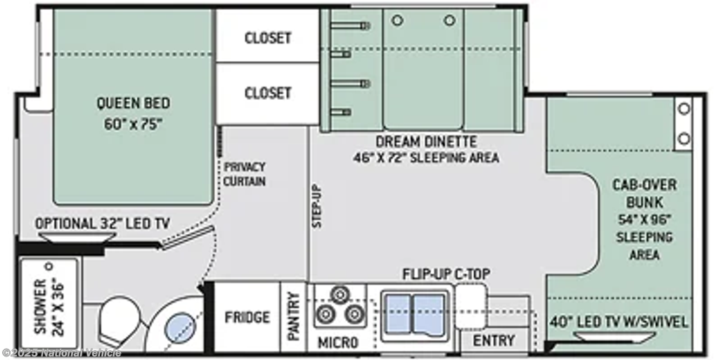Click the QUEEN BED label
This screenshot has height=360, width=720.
pyautogui.click(x=133, y=103)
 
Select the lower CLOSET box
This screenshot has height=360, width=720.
pyautogui.click(x=268, y=94)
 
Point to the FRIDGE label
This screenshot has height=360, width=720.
pyautogui.click(x=247, y=317)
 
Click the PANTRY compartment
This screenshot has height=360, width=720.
pyautogui.click(x=293, y=317)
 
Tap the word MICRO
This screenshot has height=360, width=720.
pyautogui.click(x=338, y=342)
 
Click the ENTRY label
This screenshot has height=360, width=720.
pyautogui.click(x=494, y=341)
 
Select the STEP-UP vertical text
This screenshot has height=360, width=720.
pyautogui.click(x=317, y=206)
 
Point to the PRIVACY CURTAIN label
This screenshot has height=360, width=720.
pyautogui.click(x=245, y=174)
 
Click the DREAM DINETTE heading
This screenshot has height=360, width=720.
pyautogui.click(x=427, y=141)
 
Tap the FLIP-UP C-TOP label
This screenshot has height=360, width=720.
pyautogui.click(x=446, y=275)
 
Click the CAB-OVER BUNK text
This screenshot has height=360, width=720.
pyautogui.click(x=645, y=193)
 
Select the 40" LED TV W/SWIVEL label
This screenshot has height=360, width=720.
pyautogui.click(x=619, y=322)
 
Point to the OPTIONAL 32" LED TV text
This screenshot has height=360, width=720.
pyautogui.click(x=103, y=224)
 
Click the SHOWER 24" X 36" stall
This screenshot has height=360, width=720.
pyautogui.click(x=49, y=303)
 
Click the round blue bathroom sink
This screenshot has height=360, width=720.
pyautogui.click(x=181, y=328)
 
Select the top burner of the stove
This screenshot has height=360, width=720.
pyautogui.click(x=340, y=295)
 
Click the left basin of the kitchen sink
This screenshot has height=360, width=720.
pyautogui.click(x=398, y=314)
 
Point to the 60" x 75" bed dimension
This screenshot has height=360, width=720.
pyautogui.click(x=133, y=125)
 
